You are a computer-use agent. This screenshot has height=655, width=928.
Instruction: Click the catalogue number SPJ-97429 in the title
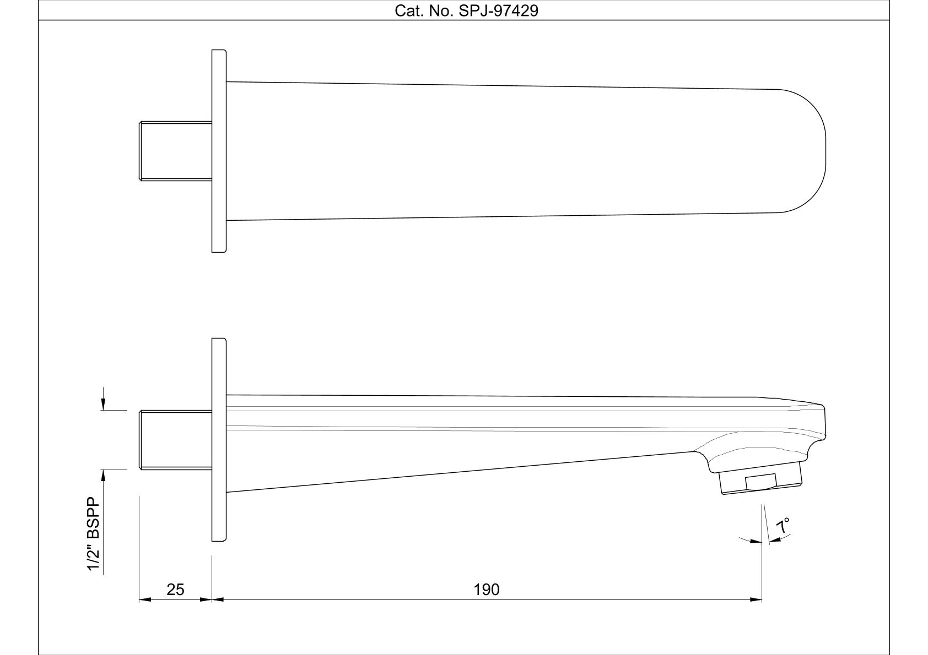[498, 11]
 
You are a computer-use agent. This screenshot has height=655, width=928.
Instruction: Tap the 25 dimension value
[175, 589]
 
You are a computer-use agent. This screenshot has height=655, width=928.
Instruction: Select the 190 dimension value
[487, 589]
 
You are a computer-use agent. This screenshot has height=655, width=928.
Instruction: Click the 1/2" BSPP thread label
[94, 534]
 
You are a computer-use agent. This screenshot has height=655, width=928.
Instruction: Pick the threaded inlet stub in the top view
[176, 151]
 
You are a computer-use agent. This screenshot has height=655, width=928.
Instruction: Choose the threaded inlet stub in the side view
[176, 440]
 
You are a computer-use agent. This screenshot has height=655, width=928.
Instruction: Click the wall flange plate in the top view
[219, 151]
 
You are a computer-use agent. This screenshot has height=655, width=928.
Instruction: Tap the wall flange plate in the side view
[219, 439]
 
